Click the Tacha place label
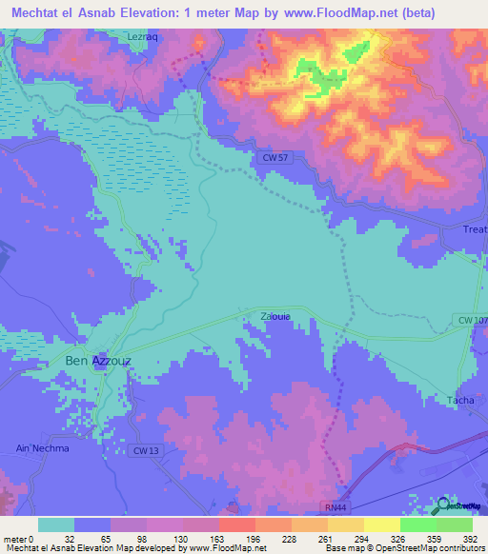tap(461, 400)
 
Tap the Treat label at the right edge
tap(475, 230)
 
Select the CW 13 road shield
tap(147, 449)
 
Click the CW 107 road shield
tap(473, 321)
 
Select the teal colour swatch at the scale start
tap(56, 524)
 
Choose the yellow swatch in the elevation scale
tap(381, 524)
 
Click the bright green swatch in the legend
tap(417, 524)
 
